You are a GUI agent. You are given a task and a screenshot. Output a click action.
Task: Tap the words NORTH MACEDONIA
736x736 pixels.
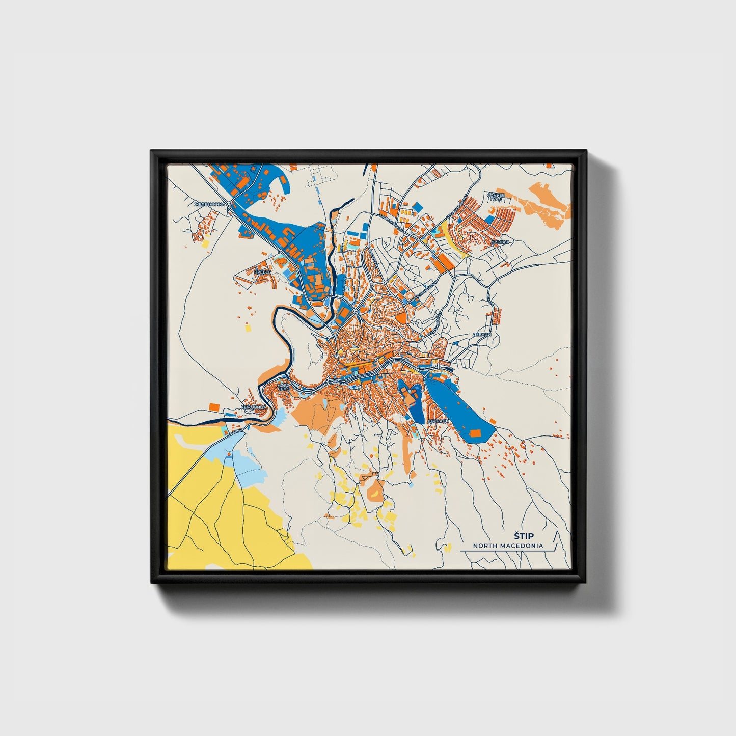507,546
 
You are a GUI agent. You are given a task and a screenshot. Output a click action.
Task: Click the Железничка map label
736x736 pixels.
209,205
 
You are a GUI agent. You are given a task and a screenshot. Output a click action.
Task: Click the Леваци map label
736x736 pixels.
481,335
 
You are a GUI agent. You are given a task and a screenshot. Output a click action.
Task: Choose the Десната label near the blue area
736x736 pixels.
438,421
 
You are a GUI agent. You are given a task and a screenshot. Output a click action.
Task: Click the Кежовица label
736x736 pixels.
253,408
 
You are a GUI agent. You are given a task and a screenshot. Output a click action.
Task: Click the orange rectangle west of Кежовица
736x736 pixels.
214,406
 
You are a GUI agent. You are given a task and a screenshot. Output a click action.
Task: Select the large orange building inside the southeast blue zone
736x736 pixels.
475,433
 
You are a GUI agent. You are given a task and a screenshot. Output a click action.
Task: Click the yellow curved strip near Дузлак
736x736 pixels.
451,239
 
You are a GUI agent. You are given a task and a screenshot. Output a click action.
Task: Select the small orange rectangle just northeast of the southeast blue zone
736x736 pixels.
493,421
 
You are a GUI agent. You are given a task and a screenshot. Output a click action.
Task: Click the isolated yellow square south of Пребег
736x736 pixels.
248,329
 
